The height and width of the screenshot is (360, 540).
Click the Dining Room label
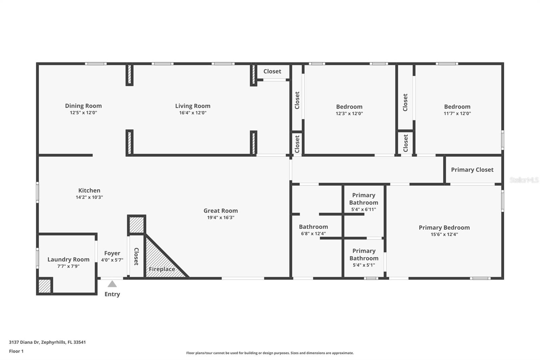pyautogui.click(x=83, y=106)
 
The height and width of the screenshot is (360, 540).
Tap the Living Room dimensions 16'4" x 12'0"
pyautogui.click(x=193, y=113)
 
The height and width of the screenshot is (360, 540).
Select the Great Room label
pyautogui.click(x=220, y=210)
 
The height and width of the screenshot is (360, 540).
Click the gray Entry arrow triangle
pyautogui.click(x=112, y=284)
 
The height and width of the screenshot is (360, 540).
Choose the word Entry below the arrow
pyautogui.click(x=112, y=294)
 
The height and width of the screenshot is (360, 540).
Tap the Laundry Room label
pyautogui.click(x=68, y=259)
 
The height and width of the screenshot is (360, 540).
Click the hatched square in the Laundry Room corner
pyautogui.click(x=45, y=286)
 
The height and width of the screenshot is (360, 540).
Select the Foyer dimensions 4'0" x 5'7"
pyautogui.click(x=112, y=260)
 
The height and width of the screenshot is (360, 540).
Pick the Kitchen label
pyautogui.click(x=89, y=190)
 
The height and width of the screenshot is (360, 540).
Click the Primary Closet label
pyautogui.click(x=472, y=170)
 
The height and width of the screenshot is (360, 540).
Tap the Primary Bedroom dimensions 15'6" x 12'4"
pyautogui.click(x=444, y=234)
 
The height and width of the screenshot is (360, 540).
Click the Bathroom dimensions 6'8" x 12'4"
pyautogui.click(x=313, y=234)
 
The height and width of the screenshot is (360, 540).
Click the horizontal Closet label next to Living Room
pyautogui.click(x=272, y=71)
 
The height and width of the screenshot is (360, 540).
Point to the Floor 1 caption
pyautogui.click(x=16, y=351)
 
